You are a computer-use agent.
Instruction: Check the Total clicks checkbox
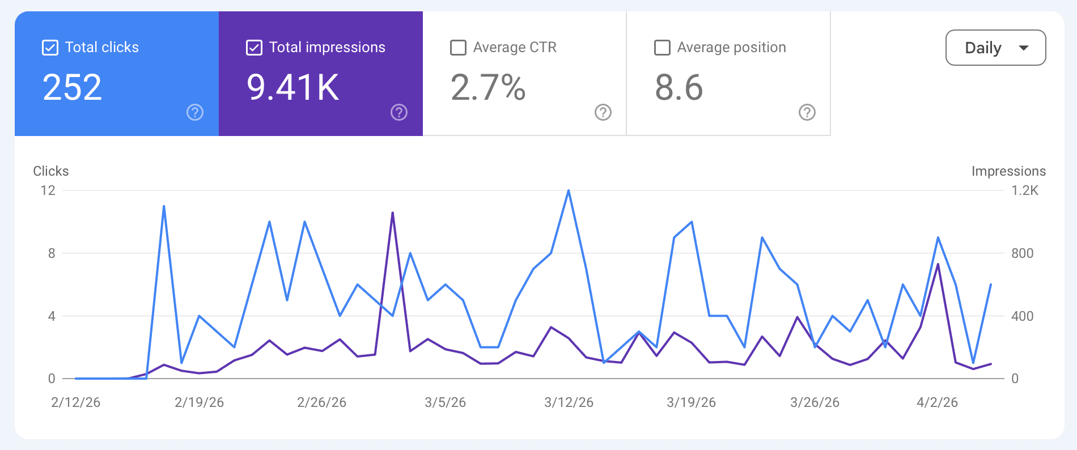[50, 48]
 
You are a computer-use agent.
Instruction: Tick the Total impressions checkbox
[254, 48]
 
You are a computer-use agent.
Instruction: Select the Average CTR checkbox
[458, 48]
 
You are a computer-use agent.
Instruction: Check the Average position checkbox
[662, 48]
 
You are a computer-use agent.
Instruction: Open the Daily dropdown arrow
[1023, 48]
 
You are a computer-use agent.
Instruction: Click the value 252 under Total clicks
[72, 88]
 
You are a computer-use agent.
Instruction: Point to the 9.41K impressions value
[292, 88]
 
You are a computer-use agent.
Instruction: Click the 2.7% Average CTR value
[488, 88]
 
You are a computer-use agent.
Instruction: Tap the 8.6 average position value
[679, 88]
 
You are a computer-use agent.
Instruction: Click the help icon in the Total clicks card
[195, 112]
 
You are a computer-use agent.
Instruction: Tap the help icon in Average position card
[807, 112]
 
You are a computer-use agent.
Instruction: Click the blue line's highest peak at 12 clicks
[569, 191]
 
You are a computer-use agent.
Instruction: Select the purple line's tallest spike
[392, 213]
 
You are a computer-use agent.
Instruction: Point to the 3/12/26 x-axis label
[569, 402]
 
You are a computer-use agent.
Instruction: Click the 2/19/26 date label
[199, 402]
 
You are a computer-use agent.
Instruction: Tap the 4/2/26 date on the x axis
[937, 402]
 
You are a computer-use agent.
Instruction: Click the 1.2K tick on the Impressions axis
[1025, 190]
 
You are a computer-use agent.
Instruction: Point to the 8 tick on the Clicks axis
[52, 253]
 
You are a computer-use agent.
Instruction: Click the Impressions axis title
[1008, 171]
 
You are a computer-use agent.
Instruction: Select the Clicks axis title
[51, 171]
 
